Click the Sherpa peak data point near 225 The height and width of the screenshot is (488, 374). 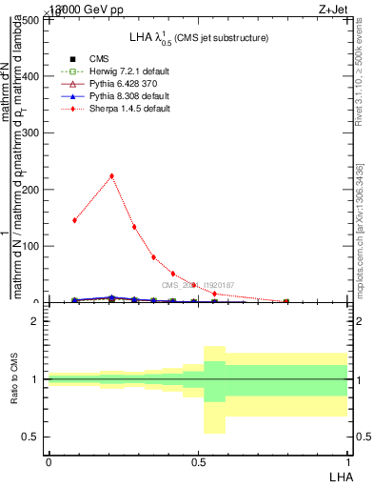[112, 175]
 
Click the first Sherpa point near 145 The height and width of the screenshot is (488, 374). [74, 220]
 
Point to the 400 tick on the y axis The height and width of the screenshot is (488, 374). [33, 76]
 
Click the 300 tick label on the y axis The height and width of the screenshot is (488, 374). [33, 132]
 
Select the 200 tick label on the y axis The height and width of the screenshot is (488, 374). [33, 190]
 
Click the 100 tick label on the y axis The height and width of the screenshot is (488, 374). [33, 246]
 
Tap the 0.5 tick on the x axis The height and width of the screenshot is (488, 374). [198, 461]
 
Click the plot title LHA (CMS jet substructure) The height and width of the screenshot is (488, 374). [198, 37]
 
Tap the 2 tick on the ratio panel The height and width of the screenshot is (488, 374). [35, 321]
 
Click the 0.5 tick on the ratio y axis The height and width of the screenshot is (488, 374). [31, 437]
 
